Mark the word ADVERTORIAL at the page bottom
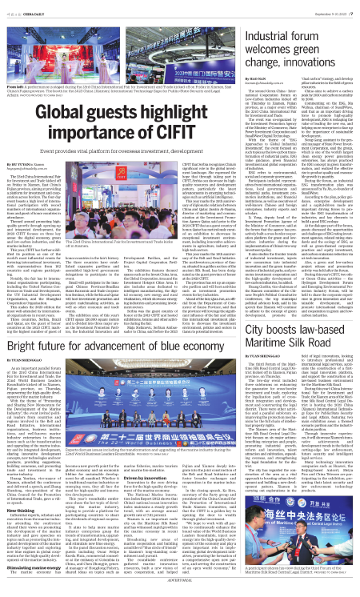pyautogui.click(x=179, y=591)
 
